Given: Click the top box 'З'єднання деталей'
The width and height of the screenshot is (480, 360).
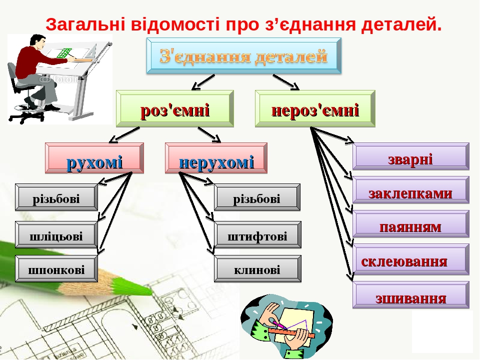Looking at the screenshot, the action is [244, 55].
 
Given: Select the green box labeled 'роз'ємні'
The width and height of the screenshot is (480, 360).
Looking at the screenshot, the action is [175, 108].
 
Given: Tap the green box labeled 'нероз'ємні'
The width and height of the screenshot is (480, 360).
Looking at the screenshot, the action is [315, 108].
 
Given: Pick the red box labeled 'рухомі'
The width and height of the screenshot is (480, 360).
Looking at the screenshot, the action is [94, 158].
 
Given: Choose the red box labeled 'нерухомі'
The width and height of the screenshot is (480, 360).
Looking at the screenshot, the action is [216, 158].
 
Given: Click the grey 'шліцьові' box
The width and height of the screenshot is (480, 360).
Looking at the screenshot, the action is [56, 234].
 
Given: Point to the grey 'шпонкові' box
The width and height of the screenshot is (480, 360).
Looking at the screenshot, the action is [56, 268].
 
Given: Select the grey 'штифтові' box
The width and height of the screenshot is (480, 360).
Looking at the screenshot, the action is [257, 234].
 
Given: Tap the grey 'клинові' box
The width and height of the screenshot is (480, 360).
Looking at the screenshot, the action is [257, 268].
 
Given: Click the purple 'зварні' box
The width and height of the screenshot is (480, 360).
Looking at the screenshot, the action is [411, 156].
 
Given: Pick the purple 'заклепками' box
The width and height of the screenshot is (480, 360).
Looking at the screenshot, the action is [411, 190].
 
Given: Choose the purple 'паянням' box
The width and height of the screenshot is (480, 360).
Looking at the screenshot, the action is [411, 224].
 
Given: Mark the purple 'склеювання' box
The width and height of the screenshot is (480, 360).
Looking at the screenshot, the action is [411, 259].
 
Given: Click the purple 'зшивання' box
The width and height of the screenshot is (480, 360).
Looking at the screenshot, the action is [411, 295].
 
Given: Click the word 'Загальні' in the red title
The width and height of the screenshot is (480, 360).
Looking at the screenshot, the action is [85, 25].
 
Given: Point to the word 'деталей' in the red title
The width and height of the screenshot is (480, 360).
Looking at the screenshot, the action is [401, 24].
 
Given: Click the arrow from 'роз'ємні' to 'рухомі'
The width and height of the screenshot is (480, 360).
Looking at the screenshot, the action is [124, 135].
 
